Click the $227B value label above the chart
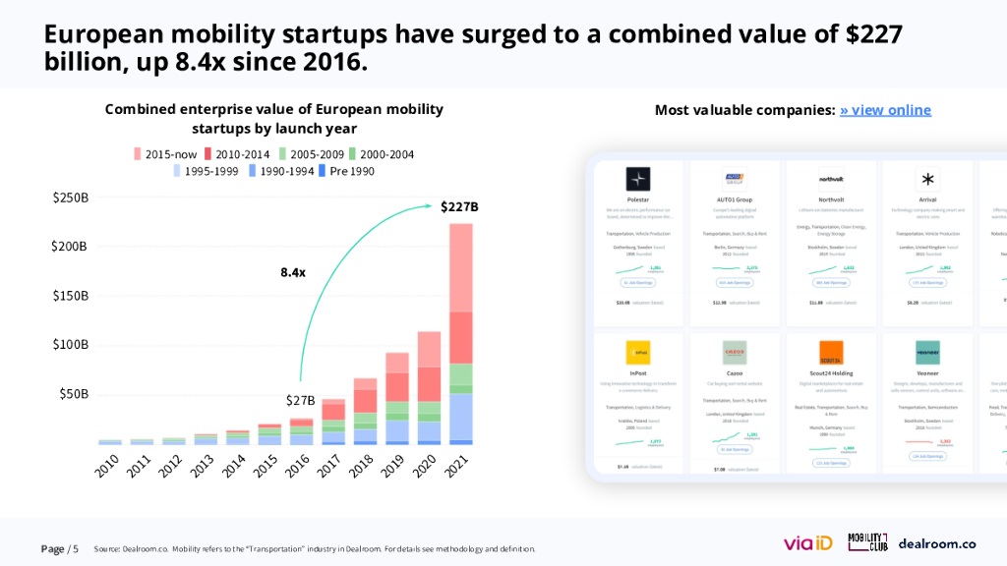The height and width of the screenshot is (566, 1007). (459, 206)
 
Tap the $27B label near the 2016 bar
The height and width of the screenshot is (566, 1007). (300, 400)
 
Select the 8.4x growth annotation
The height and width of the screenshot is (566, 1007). (292, 271)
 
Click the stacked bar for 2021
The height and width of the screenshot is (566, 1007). (461, 334)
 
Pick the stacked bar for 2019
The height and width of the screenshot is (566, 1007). (397, 398)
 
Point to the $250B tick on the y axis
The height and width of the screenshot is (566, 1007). (71, 198)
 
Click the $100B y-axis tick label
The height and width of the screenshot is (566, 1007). (71, 345)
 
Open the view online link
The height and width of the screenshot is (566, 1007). (885, 110)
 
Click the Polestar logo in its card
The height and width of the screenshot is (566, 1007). (638, 179)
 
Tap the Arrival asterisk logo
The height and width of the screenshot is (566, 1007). (927, 179)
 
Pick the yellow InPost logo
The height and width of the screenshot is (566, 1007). (638, 353)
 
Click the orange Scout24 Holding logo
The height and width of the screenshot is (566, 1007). (831, 353)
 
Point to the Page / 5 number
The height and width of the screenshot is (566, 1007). (59, 548)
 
